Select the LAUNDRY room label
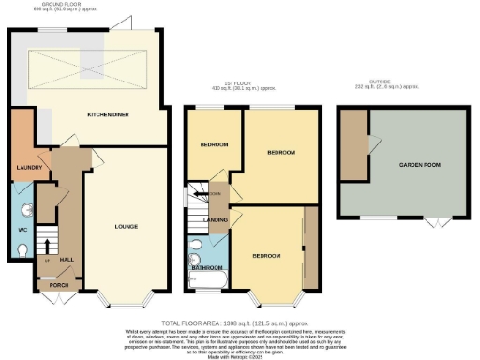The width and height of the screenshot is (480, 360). click(25, 169)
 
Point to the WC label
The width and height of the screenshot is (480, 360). click(22, 229)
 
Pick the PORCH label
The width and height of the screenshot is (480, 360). click(59, 284)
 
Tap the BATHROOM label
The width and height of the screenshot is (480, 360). click(206, 267)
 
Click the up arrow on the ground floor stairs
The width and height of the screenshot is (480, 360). click(47, 249)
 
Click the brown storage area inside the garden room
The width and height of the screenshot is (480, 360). click(354, 145)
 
